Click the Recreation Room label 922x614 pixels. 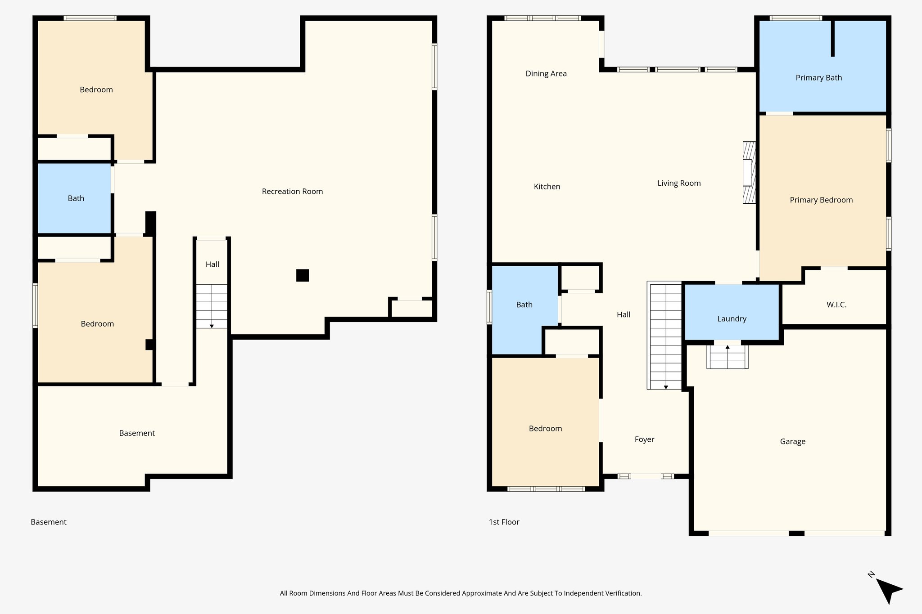click(292, 191)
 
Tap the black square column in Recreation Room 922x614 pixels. click(303, 275)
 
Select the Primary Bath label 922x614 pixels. click(818, 77)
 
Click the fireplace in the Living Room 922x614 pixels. click(749, 173)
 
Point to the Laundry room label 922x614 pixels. click(732, 318)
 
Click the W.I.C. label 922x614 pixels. click(836, 305)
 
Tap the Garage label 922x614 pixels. click(792, 441)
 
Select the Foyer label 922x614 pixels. click(644, 439)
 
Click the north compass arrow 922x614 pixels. click(888, 590)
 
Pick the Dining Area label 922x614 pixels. click(546, 73)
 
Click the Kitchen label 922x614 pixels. click(547, 186)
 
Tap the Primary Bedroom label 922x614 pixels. click(821, 200)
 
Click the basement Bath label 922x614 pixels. click(76, 198)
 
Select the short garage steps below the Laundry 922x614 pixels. click(727, 357)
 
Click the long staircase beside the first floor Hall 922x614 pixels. click(665, 335)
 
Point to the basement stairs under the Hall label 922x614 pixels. click(212, 306)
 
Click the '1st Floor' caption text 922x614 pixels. click(504, 522)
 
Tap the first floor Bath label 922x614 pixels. click(524, 305)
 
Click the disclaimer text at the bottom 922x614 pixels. click(461, 593)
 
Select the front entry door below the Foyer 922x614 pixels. click(646, 476)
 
